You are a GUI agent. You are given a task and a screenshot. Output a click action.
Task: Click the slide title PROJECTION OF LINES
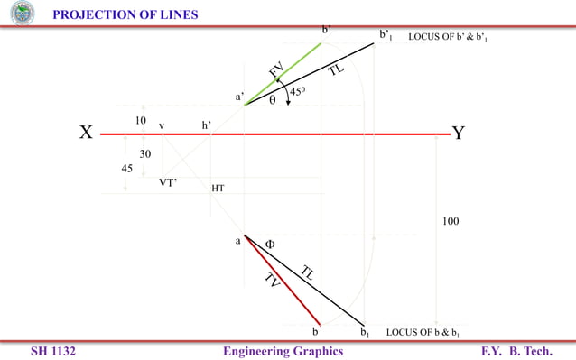click(x=125, y=14)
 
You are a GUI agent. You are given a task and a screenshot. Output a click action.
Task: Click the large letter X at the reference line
click(x=86, y=134)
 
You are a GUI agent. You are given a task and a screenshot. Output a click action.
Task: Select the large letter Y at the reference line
click(x=459, y=134)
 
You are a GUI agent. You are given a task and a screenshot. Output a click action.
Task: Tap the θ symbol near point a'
click(x=272, y=101)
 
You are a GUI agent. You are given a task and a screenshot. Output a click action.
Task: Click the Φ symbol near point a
click(x=269, y=244)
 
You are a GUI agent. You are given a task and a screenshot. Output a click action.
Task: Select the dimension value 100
click(x=451, y=220)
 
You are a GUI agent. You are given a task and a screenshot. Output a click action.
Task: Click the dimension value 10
click(x=140, y=120)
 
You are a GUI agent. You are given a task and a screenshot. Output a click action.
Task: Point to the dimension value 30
click(x=144, y=154)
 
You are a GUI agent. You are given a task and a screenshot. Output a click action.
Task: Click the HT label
click(x=218, y=189)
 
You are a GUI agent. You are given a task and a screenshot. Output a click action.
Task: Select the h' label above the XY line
click(x=207, y=125)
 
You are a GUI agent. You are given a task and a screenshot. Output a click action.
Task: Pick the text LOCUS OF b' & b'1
click(x=448, y=37)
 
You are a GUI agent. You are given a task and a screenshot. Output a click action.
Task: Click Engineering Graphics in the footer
click(x=283, y=351)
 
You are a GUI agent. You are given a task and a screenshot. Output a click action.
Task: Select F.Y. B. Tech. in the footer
click(x=516, y=351)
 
